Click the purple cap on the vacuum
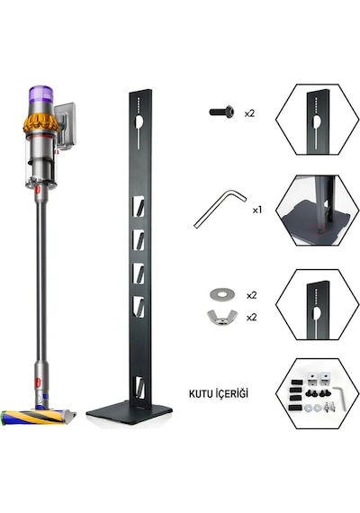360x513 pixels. coord(40,94)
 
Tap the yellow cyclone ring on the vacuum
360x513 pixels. coord(40,124)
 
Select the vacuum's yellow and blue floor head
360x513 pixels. coord(38,417)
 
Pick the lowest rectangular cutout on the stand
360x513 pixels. coord(139,388)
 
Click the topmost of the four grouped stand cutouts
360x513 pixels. coord(139,207)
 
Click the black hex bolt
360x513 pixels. coord(222,112)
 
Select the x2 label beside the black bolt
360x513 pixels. coord(249,114)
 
